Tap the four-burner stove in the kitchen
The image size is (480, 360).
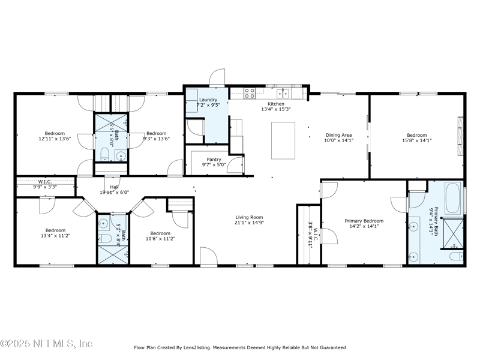coord(250,93)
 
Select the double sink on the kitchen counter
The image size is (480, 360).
coord(283,93)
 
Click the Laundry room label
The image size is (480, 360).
coord(208,100)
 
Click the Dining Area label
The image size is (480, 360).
coord(338,135)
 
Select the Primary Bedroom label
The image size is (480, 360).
coord(364,221)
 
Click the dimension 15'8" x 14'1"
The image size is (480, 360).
coord(417,141)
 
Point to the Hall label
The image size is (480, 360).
coord(115,187)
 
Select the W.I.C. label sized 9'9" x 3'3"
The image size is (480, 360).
coord(47,187)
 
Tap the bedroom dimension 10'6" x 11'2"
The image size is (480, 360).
coord(160,239)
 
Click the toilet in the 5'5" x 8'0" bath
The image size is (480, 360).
coord(103,157)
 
